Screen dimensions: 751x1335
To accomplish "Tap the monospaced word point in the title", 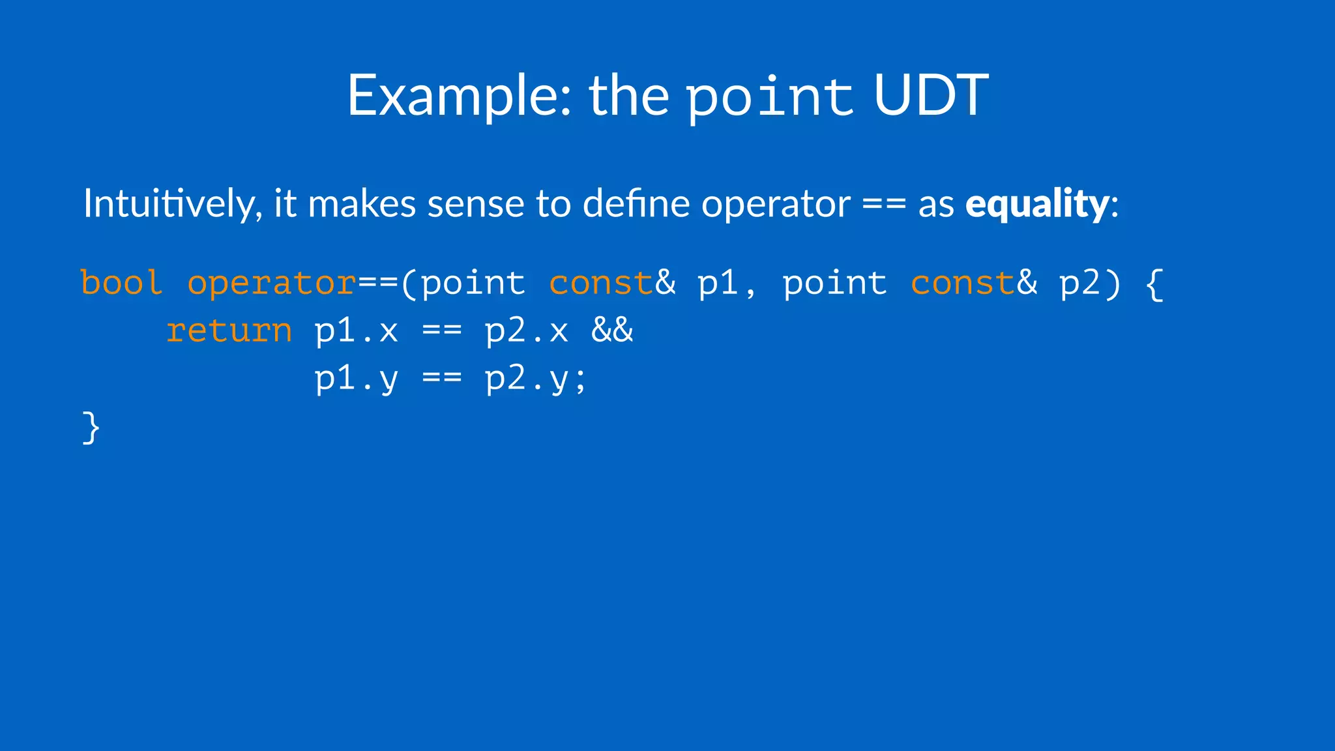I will (770, 97).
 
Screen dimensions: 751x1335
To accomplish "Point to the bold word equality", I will (1037, 204).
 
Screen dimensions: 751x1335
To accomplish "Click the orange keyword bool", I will (121, 284).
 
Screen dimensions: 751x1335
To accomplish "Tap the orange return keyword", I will (229, 331).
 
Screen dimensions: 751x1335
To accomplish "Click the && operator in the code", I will (612, 330).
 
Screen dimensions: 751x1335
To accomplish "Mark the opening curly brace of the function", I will (1154, 284).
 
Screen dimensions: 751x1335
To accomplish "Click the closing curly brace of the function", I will (91, 428).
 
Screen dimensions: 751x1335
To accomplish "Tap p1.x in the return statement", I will (356, 331).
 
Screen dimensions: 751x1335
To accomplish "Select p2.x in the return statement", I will (527, 331).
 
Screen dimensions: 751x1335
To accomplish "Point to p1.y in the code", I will (356, 379).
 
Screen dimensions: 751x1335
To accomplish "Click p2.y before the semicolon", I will (527, 379).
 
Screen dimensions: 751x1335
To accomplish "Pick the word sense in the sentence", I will (477, 204).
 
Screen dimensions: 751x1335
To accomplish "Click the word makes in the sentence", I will (362, 204).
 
